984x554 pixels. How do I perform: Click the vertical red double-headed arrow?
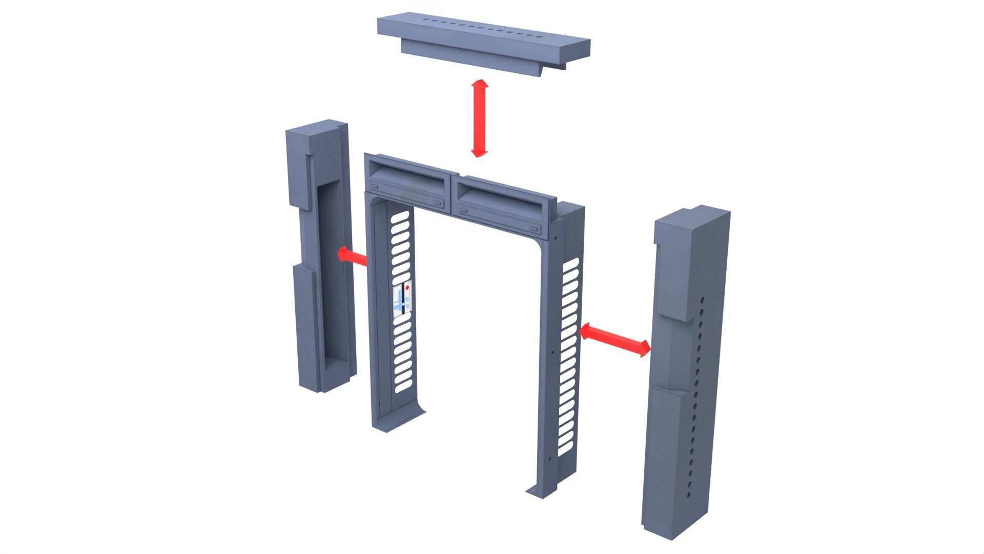480,118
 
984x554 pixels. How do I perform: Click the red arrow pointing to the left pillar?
352,255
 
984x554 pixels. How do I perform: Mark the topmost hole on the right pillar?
703,300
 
